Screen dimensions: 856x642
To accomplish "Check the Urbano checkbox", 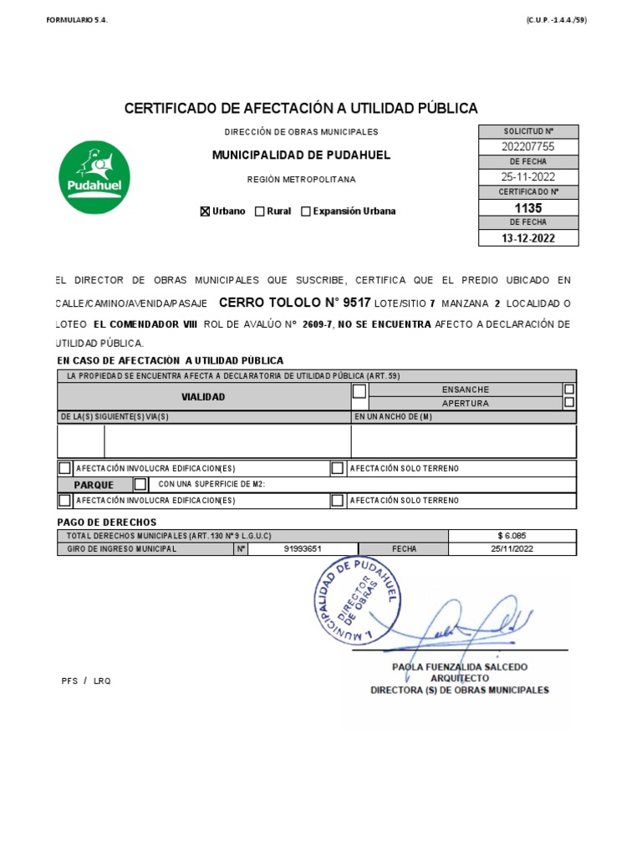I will (x=205, y=211).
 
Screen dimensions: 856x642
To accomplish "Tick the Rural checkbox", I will (x=260, y=211).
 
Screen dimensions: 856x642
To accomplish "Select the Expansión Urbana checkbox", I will (x=306, y=211).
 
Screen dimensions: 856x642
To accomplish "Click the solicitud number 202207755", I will (x=527, y=147).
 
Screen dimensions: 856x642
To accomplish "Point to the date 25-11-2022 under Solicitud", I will (x=527, y=177).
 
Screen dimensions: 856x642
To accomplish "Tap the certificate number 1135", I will (x=527, y=208).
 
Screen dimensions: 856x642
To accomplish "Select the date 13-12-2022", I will (x=527, y=238).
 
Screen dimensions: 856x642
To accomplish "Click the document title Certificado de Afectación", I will (x=301, y=109).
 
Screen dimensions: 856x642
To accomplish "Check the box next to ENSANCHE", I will (x=569, y=390).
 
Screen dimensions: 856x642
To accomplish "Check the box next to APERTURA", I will (x=569, y=403).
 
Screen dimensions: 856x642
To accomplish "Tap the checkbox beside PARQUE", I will (x=140, y=484).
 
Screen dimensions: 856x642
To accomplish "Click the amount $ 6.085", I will (x=512, y=536).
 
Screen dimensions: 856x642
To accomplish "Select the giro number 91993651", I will (x=303, y=549).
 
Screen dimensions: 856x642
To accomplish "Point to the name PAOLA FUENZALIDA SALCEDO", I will (x=460, y=667).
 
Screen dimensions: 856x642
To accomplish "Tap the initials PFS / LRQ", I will (x=86, y=680).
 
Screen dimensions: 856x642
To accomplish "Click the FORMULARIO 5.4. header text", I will (x=77, y=21).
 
